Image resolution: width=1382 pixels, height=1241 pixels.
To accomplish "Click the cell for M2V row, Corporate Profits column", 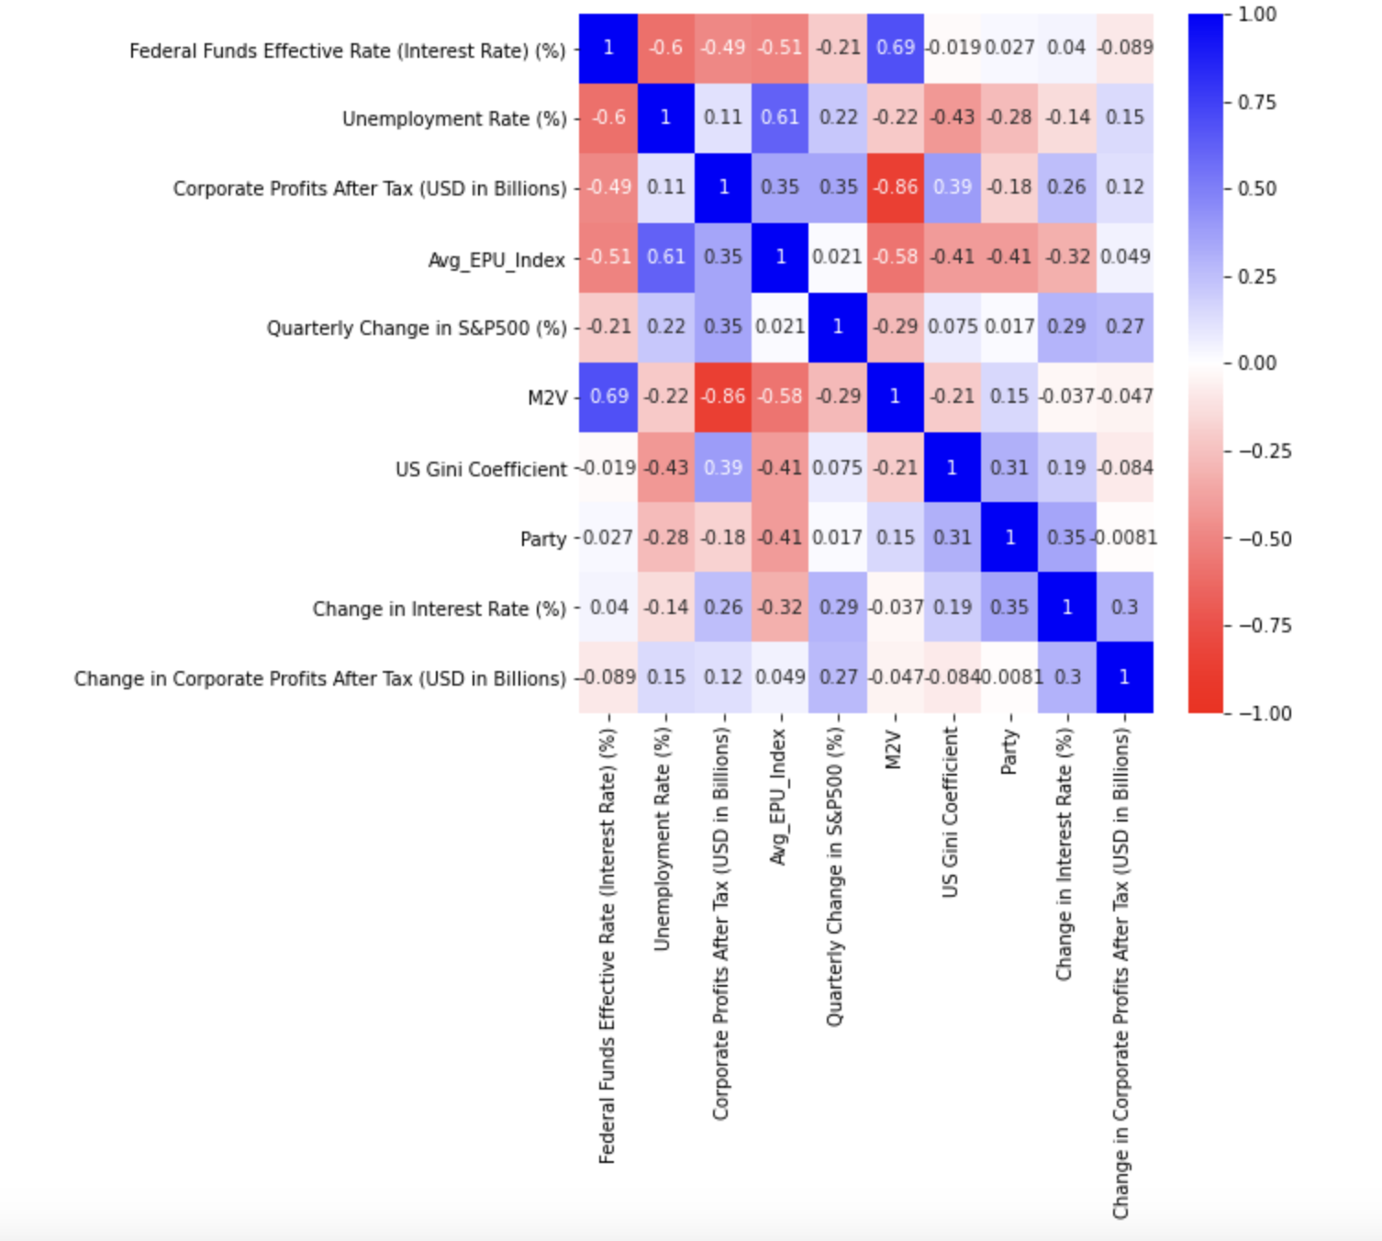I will tap(723, 397).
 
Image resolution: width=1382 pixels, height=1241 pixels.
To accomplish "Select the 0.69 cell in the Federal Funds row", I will tap(895, 48).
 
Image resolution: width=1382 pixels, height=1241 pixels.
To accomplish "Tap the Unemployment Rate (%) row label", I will tap(453, 119).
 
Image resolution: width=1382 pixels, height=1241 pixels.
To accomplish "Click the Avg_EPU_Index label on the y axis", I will tap(496, 261).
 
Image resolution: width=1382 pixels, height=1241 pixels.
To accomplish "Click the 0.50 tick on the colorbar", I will tap(1256, 189).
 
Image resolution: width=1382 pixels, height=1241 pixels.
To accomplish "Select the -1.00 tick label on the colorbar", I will tap(1264, 713).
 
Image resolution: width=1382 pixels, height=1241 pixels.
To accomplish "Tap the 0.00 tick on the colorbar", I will tap(1256, 363).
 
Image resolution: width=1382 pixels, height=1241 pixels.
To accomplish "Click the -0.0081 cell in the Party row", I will tap(1124, 538).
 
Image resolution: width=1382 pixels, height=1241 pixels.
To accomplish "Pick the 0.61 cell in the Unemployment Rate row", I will tap(780, 117).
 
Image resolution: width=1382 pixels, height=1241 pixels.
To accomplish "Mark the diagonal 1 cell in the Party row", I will tap(1009, 538).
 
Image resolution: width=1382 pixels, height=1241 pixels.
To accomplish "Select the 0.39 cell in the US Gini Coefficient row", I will tap(723, 468).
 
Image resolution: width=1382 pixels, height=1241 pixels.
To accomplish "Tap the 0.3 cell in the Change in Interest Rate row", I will tap(1124, 608).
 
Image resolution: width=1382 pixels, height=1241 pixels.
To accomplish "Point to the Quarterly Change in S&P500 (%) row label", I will tap(416, 329).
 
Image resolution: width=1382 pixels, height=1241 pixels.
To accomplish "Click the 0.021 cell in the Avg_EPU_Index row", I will tap(837, 257).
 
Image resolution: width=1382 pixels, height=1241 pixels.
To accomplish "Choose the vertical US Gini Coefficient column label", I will tap(951, 812).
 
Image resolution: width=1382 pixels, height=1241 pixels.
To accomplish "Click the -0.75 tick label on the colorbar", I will tap(1264, 626).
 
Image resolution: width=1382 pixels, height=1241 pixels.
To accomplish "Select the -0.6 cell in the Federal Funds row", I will tap(665, 48).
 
